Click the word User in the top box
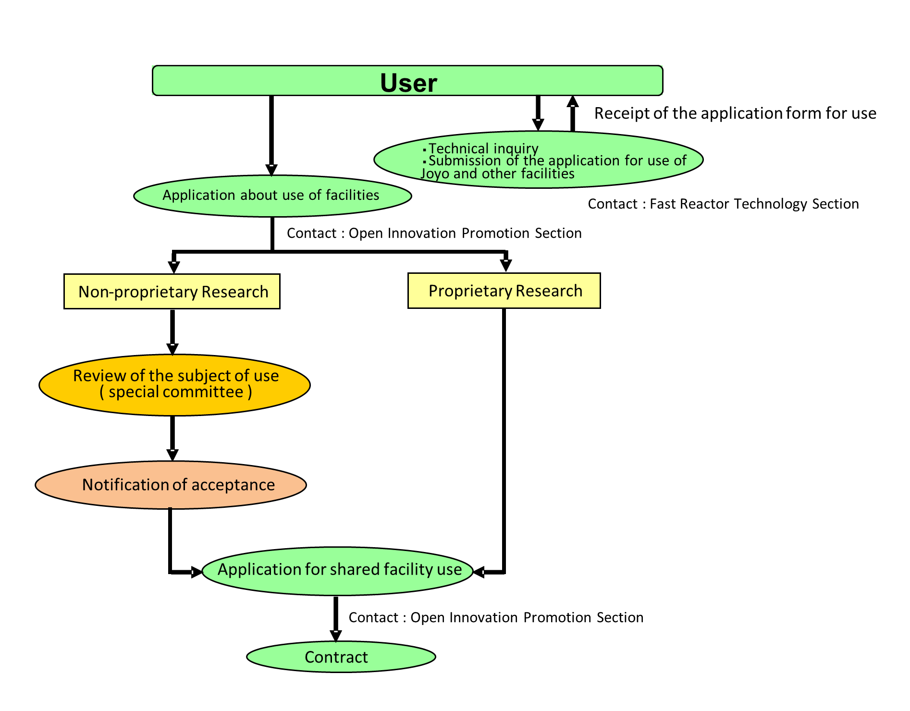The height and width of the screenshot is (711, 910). coord(408,83)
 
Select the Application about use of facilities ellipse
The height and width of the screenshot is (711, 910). coord(272,196)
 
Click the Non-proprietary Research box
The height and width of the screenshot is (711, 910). coord(172,292)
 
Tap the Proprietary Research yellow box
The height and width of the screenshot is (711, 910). coord(504,291)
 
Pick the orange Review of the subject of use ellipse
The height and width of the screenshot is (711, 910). coord(175,384)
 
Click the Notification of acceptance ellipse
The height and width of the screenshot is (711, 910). coord(171,485)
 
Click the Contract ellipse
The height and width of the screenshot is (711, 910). coord(341,657)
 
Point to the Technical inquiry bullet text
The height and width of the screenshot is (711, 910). coord(483,148)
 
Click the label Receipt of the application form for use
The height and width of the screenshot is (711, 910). coord(735,113)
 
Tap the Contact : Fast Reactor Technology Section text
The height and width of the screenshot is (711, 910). coord(723,204)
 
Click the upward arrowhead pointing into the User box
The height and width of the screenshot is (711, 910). coord(572,101)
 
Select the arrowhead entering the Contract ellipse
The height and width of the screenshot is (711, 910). coord(336,636)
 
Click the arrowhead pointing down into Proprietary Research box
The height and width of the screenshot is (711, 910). coord(505,265)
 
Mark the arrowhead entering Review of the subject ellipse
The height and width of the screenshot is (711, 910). coord(172,349)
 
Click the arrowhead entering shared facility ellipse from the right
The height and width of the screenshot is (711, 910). coord(479,572)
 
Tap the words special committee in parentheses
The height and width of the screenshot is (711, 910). coord(176,392)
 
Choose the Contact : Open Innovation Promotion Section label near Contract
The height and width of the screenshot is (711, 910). coord(496,617)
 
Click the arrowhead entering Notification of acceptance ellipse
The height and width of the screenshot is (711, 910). coord(172,454)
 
